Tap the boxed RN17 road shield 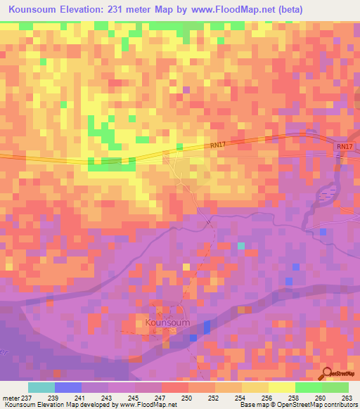[x=344, y=146]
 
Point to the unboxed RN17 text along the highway [x=219, y=145]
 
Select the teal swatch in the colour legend [x=41, y=387]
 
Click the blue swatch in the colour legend [x=68, y=387]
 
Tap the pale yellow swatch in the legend [x=282, y=387]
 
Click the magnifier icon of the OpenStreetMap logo [x=326, y=372]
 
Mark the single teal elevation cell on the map [x=240, y=246]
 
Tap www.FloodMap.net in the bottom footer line [x=146, y=405]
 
